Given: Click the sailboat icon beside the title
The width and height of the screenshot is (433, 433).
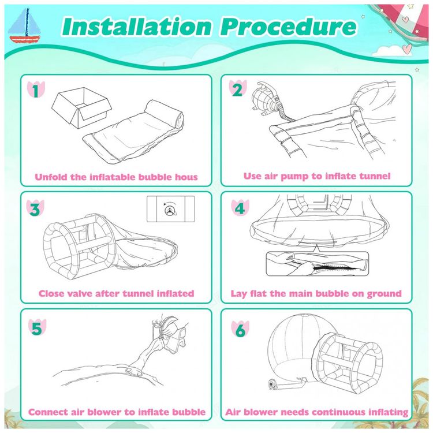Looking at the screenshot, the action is pyautogui.click(x=24, y=25).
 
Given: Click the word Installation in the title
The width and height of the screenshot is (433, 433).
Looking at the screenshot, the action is pyautogui.click(x=137, y=27).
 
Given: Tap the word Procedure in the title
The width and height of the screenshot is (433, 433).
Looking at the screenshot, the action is pyautogui.click(x=288, y=27).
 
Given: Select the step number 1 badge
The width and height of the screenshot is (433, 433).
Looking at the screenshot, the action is pyautogui.click(x=36, y=89).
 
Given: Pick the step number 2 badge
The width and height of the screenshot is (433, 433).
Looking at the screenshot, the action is pyautogui.click(x=237, y=89).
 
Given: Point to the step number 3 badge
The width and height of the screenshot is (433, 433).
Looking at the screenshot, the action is pyautogui.click(x=35, y=208).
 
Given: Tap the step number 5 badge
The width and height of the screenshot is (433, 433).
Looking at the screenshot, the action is pyautogui.click(x=37, y=327).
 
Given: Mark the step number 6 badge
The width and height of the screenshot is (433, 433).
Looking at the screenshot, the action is pyautogui.click(x=240, y=329).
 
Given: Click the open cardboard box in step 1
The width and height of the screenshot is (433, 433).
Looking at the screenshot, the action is pyautogui.click(x=82, y=107).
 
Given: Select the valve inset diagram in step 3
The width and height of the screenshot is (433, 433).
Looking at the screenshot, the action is pyautogui.click(x=171, y=209).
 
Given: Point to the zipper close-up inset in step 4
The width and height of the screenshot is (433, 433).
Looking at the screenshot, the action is pyautogui.click(x=318, y=263).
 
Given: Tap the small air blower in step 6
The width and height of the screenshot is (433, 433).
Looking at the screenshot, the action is pyautogui.click(x=274, y=384).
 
